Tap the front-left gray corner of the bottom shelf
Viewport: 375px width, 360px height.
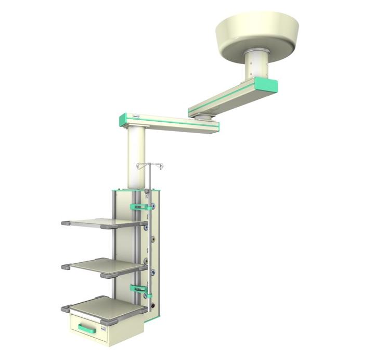point(67,308)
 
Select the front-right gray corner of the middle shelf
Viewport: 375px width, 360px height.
point(110,274)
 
